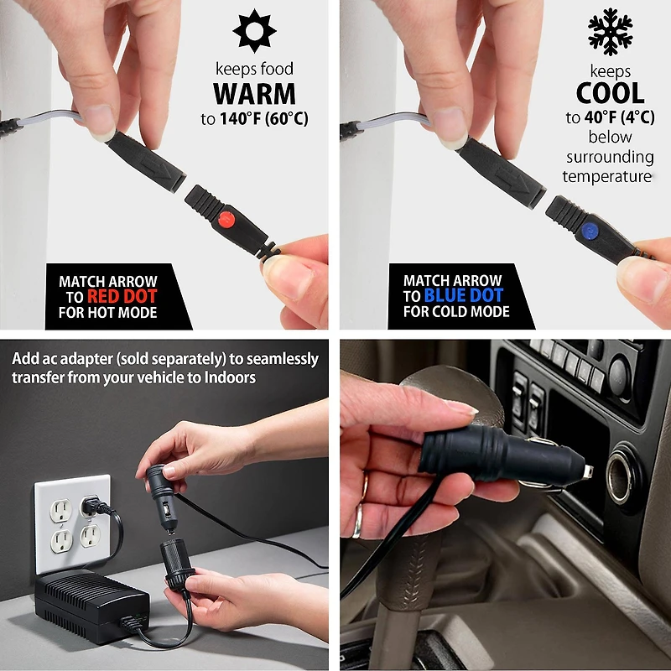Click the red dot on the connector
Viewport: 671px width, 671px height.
(x=226, y=220)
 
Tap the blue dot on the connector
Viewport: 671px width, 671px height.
(x=590, y=231)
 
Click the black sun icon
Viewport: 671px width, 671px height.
(x=254, y=31)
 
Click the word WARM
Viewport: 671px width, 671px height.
(x=254, y=94)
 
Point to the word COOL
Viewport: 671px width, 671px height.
(x=611, y=93)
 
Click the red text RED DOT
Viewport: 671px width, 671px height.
(x=122, y=296)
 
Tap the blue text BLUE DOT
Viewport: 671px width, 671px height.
(x=464, y=295)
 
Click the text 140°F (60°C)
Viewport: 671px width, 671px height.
(x=264, y=118)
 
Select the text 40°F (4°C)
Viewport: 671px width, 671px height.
(x=620, y=117)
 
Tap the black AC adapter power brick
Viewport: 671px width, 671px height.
(x=92, y=606)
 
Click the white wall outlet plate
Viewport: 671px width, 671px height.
(x=72, y=523)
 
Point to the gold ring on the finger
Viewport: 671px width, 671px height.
(x=358, y=521)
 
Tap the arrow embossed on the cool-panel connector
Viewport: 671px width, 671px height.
(x=512, y=180)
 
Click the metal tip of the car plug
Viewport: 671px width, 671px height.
(x=588, y=471)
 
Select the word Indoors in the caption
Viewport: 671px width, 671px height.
(x=230, y=377)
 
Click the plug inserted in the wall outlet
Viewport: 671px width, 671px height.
(x=95, y=507)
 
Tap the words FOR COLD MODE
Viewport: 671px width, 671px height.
(x=456, y=311)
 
